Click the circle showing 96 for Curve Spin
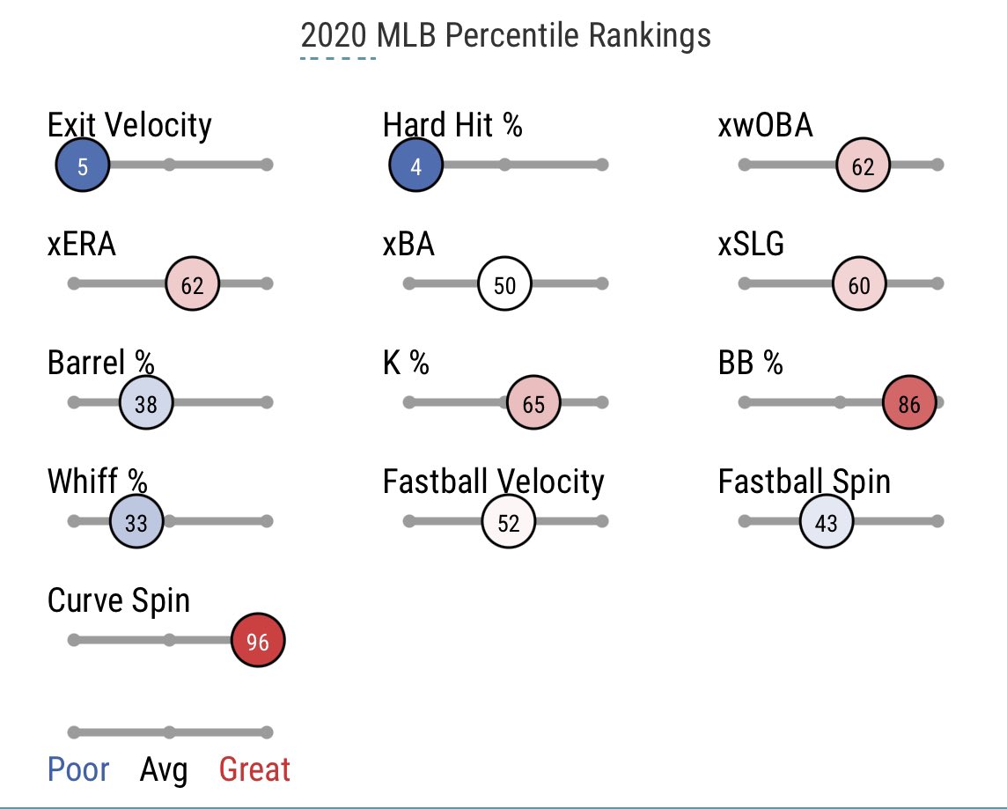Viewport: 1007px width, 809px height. click(x=257, y=642)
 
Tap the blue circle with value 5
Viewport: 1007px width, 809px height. click(x=82, y=165)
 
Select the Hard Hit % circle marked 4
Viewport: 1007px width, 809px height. click(x=415, y=165)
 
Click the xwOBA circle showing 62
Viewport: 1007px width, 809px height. click(x=863, y=165)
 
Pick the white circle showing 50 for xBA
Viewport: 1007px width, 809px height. click(x=504, y=285)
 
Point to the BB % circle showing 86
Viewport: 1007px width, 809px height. click(x=909, y=403)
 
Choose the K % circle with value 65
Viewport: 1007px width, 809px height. click(x=533, y=403)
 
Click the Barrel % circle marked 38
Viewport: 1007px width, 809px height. click(x=146, y=403)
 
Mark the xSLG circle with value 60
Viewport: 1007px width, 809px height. click(x=859, y=285)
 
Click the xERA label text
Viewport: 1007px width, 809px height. click(x=81, y=245)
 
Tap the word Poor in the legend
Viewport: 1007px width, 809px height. click(x=78, y=770)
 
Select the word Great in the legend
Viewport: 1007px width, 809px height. click(x=254, y=770)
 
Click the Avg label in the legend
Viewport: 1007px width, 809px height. click(x=164, y=771)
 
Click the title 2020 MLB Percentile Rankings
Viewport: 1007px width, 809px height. click(x=505, y=36)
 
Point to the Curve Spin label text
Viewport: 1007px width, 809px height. click(x=118, y=600)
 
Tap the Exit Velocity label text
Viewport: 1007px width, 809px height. click(x=129, y=125)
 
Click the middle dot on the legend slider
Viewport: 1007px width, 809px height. click(x=169, y=732)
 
